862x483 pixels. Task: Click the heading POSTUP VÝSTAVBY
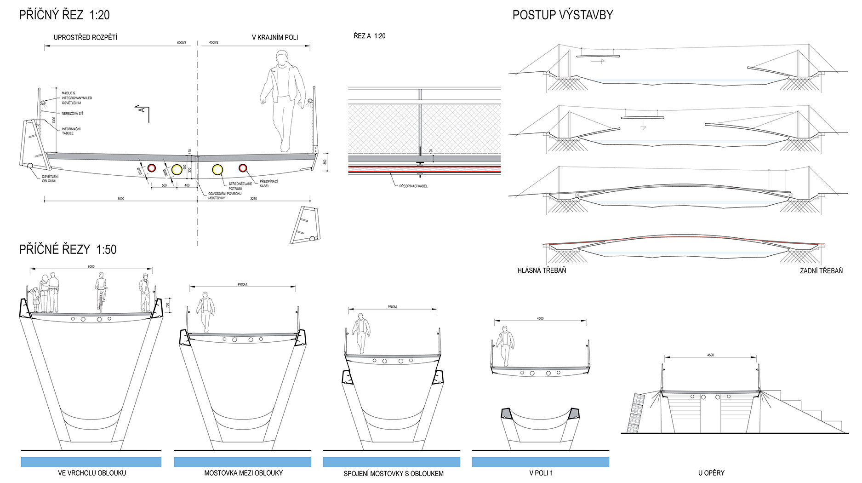pos(562,15)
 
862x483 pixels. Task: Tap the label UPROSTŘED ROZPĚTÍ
pos(85,37)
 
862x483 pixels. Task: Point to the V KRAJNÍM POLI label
pos(274,37)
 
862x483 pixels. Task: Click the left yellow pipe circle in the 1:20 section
pos(177,170)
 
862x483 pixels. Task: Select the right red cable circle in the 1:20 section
pos(243,168)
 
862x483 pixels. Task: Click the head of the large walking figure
pos(282,58)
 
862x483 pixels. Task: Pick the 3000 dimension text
pos(120,199)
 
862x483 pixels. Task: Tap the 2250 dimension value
pos(253,199)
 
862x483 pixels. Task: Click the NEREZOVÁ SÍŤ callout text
pos(73,113)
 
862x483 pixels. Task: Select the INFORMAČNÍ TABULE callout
pos(71,131)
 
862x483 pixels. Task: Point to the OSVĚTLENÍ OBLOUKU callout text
pos(50,178)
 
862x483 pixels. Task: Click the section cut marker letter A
pos(143,109)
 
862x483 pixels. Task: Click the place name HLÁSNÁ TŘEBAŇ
pos(542,270)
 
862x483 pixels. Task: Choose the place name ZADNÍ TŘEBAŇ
pos(821,271)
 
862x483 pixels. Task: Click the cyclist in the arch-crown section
pos(101,290)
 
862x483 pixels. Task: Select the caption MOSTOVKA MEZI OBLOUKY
pos(243,473)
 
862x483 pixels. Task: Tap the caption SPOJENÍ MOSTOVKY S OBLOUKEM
pos(394,473)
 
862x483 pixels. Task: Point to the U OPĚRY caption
pos(711,473)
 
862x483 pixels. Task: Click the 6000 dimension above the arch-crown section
pos(91,266)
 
